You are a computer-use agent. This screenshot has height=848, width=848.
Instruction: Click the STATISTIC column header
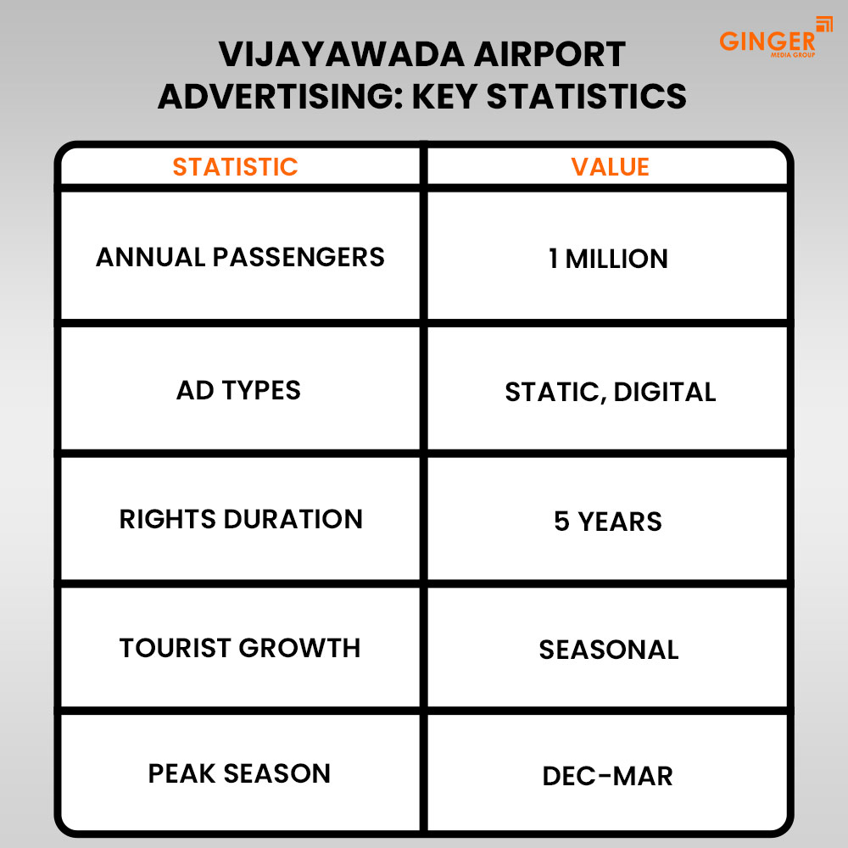(235, 167)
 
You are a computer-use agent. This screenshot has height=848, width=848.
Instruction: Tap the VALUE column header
(610, 167)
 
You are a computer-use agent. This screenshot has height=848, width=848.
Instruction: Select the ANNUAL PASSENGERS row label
(240, 257)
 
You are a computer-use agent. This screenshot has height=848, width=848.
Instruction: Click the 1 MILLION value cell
(608, 259)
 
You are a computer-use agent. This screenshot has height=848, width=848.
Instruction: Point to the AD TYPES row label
(238, 390)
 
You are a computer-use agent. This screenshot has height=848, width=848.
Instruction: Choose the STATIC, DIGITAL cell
(610, 392)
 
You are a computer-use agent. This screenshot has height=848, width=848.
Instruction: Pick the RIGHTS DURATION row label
(241, 519)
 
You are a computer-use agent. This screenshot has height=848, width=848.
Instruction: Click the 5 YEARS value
(608, 521)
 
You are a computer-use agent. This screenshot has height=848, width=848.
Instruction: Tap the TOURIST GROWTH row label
(240, 648)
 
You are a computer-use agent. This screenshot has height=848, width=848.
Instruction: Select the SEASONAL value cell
(609, 650)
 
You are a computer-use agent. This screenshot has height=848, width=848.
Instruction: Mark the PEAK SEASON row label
(239, 773)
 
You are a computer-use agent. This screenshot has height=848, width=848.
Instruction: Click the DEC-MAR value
(608, 776)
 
